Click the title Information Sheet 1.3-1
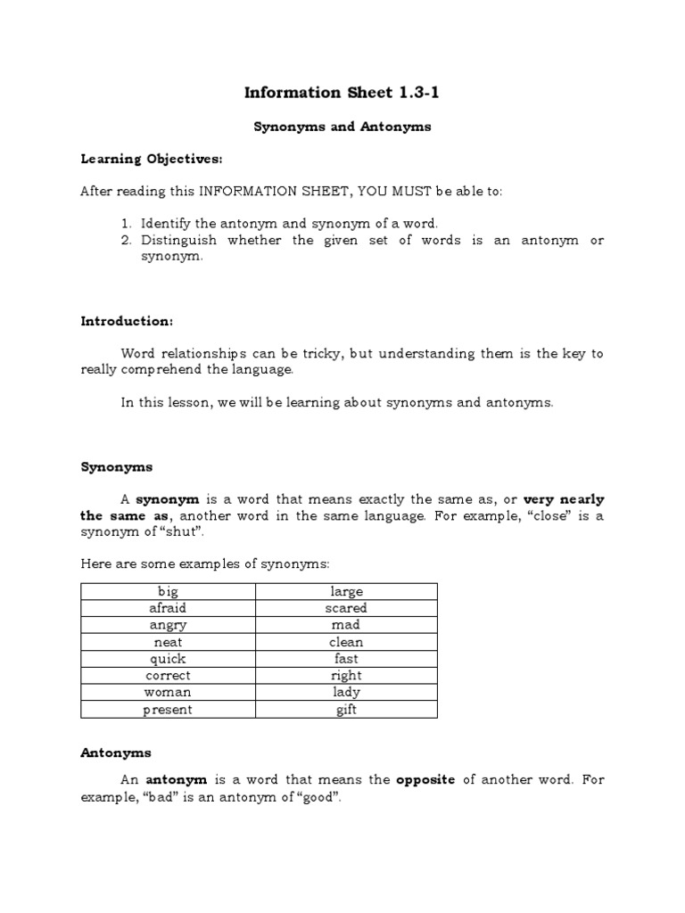(342, 93)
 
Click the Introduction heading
(127, 320)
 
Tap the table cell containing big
(168, 591)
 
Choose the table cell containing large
(346, 591)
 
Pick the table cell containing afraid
(168, 608)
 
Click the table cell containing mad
(346, 625)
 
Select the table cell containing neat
(168, 642)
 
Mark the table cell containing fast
(346, 659)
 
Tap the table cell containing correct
(168, 676)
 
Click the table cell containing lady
(346, 693)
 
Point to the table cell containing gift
(346, 710)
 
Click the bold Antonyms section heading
(116, 753)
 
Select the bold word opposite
(425, 779)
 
